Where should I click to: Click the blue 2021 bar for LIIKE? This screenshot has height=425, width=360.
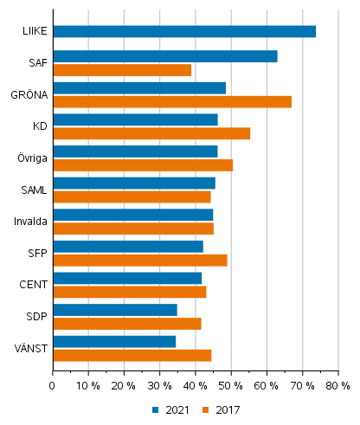pos(183,32)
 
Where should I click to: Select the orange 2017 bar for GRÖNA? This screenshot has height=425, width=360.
pos(171,101)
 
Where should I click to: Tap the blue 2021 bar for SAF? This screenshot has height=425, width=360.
pos(164,57)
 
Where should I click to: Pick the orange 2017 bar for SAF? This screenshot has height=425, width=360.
pos(121,70)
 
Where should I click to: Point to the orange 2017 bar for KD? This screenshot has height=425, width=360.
pos(151,133)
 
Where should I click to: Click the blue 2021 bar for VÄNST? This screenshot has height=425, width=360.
pos(113,342)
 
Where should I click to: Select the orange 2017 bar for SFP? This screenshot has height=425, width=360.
pos(139,260)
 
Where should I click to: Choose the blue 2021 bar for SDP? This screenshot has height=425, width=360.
pos(114,310)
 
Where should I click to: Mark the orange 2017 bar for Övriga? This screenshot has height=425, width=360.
pos(142,164)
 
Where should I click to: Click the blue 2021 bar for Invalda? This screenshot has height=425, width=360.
pos(132,215)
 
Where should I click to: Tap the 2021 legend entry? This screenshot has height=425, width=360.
pos(173,410)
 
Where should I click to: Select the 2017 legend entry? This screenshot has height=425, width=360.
pos(222,410)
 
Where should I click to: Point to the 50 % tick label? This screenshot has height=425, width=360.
pos(230,385)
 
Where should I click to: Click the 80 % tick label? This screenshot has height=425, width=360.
pos(337,385)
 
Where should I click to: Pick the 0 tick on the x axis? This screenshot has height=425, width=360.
pos(53,385)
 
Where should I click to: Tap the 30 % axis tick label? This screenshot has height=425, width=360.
pos(159,385)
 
